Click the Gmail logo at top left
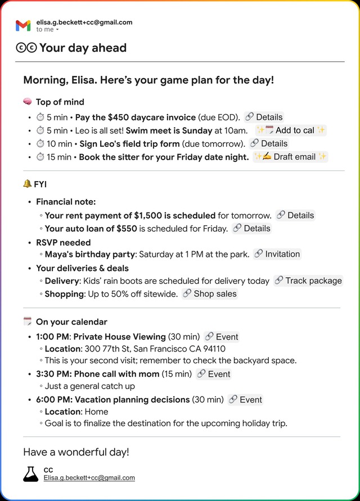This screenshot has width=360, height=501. tap(23, 25)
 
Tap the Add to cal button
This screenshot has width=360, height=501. tap(291, 130)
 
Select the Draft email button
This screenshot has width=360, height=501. tap(290, 157)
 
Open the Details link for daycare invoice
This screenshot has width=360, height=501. tap(264, 117)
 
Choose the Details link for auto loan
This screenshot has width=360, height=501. tap(251, 228)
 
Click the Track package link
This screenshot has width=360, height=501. tap(308, 281)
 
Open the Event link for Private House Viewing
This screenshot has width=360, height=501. tap(222, 337)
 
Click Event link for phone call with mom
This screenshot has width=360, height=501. tap(214, 374)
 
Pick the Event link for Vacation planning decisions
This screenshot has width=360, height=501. tap(245, 400)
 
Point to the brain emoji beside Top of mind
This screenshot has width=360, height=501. tap(28, 102)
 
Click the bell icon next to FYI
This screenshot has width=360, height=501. tap(27, 184)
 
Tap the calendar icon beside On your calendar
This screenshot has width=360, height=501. tap(28, 322)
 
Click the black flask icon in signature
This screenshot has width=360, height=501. tap(31, 473)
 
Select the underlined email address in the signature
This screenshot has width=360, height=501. tap(89, 477)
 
